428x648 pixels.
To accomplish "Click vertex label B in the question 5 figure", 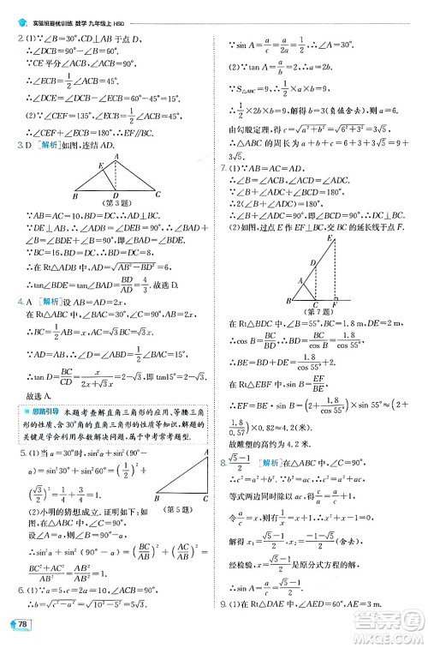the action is (157, 497).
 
